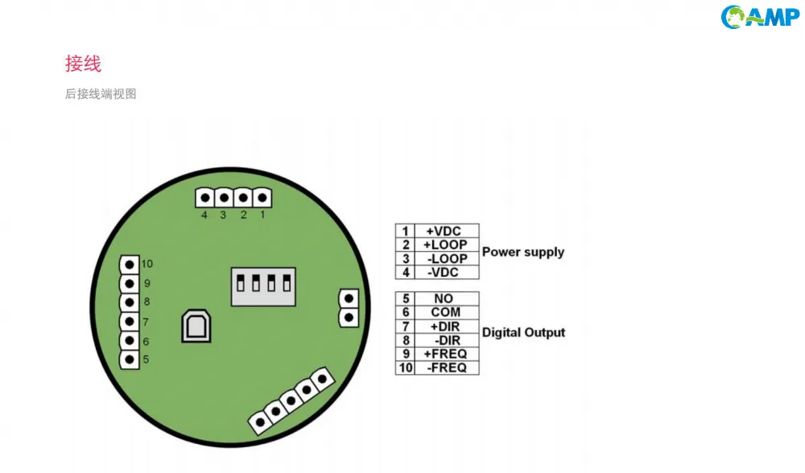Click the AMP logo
pos(760,17)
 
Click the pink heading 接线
pos(83,64)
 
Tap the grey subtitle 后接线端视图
pos(101,94)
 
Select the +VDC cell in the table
pos(447,231)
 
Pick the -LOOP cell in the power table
pos(447,258)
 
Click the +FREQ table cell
pos(447,354)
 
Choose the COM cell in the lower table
pos(447,312)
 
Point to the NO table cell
pos(447,298)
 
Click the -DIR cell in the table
pos(447,340)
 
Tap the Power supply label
pos(523,252)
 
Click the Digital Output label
pos(524,332)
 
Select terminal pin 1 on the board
pos(262,198)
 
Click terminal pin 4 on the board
pos(204,198)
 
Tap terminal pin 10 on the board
pos(130,265)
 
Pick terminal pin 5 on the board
pos(130,360)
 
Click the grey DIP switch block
pos(263,286)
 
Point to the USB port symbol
pos(196,326)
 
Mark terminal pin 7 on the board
pos(130,322)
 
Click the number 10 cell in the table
pos(405,368)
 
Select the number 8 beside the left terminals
pos(147,302)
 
